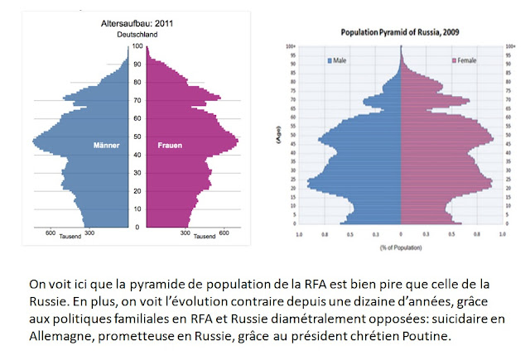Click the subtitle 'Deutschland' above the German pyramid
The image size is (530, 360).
coord(135,35)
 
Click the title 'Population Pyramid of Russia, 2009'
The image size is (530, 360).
coord(401,32)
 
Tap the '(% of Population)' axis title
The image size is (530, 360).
coord(402,248)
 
